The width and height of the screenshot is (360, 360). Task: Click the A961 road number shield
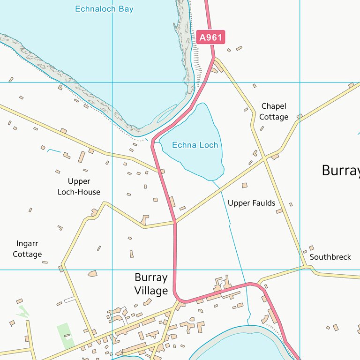click(x=210, y=37)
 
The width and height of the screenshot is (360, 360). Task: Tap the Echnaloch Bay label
click(x=104, y=9)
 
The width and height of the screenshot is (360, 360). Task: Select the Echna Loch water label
click(x=195, y=145)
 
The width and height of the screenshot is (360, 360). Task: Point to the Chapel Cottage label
click(x=274, y=112)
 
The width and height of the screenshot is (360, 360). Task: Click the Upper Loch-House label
click(x=79, y=187)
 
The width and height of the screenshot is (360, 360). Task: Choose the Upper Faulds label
click(x=251, y=203)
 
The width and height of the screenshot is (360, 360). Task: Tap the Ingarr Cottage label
click(x=27, y=249)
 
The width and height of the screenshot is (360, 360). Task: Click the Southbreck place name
click(x=330, y=257)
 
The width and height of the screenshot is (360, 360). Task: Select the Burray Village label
click(x=151, y=284)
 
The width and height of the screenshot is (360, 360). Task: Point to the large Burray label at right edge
click(x=341, y=171)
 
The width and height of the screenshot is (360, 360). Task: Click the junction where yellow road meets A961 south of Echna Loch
click(x=175, y=221)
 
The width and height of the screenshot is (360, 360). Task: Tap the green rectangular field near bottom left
click(x=65, y=336)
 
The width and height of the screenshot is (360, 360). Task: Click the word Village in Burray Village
click(x=151, y=291)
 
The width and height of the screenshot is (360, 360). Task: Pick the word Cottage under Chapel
click(x=274, y=117)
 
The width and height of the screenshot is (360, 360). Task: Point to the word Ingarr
click(x=27, y=244)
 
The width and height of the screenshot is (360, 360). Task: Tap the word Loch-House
click(x=79, y=192)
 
